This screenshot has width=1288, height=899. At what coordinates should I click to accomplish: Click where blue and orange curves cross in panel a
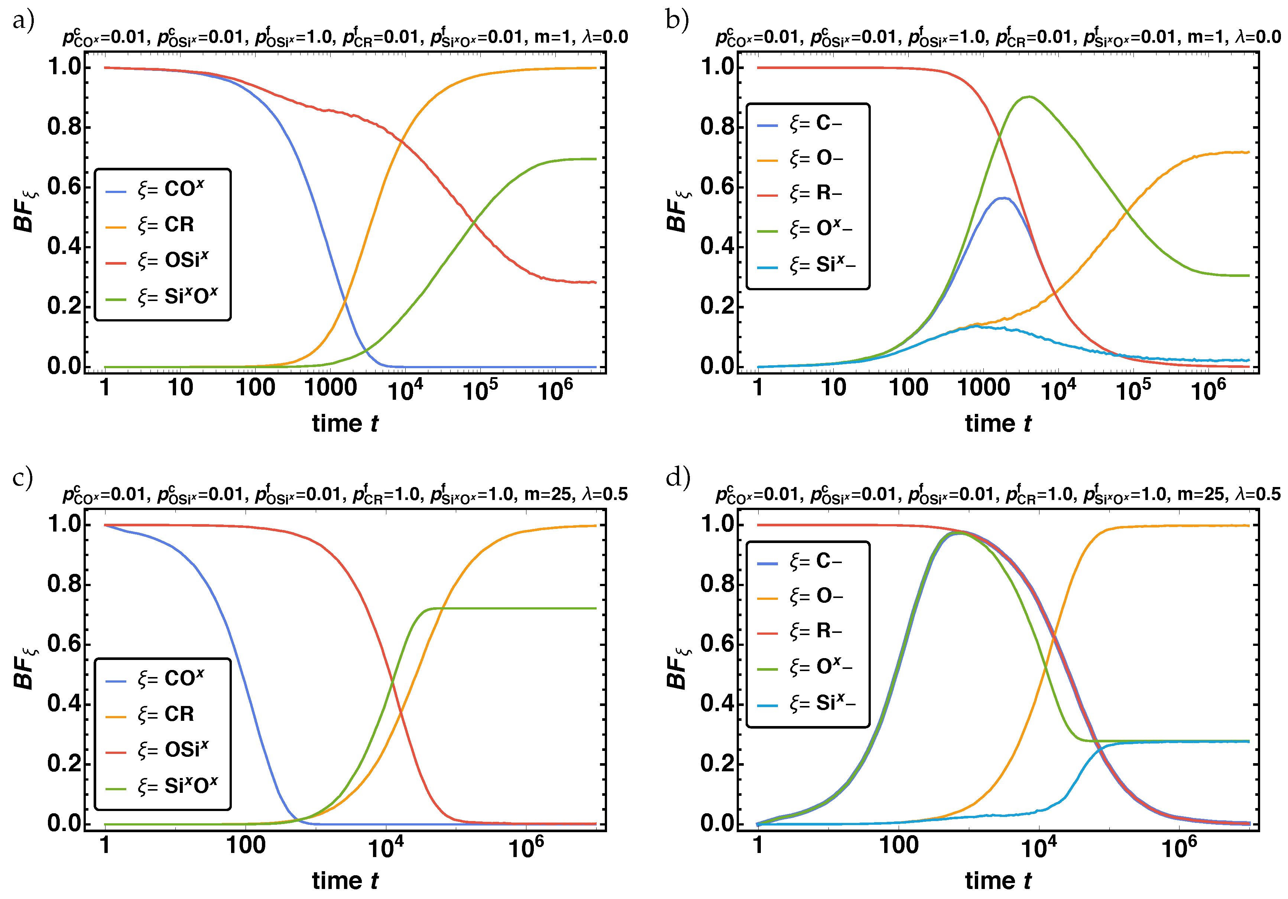click(344, 301)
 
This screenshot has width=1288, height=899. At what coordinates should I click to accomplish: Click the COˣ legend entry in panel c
click(171, 679)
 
